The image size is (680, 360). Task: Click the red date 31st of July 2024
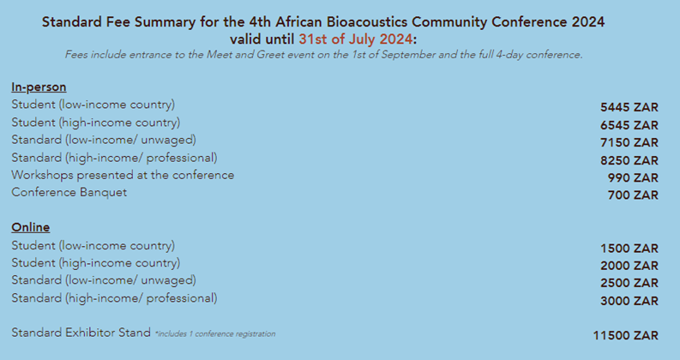(x=356, y=39)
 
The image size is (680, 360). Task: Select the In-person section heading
(x=39, y=87)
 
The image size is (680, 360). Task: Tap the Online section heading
(x=30, y=227)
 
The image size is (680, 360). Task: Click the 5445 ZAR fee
(x=629, y=107)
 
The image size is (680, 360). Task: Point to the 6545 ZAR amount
(x=629, y=125)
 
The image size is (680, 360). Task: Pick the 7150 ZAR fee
(x=629, y=142)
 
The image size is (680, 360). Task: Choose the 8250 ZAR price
(x=629, y=160)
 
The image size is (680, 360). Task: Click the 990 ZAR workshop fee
(x=633, y=177)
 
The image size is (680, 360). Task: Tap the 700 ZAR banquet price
(x=633, y=195)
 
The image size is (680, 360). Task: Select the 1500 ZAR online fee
(x=629, y=249)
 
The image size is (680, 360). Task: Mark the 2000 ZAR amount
(x=629, y=266)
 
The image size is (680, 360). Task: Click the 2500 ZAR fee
(x=629, y=283)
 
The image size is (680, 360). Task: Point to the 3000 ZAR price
(x=629, y=301)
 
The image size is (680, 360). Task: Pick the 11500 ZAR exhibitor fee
(x=626, y=335)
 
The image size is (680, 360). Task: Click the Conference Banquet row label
(x=69, y=193)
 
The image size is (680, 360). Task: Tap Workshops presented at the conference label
(x=123, y=175)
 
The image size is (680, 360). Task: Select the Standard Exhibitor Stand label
(x=81, y=333)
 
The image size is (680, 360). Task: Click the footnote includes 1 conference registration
(x=215, y=334)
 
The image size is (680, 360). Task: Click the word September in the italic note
(x=408, y=55)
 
